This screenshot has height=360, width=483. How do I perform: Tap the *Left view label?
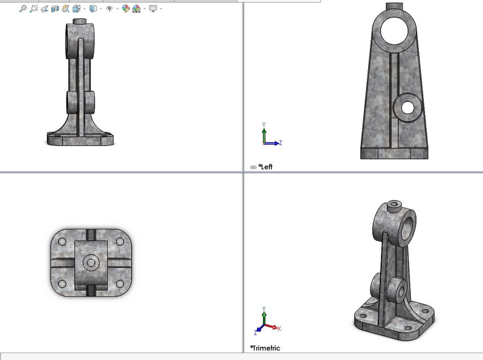[x=266, y=166]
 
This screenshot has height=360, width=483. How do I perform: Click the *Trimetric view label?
[x=266, y=348]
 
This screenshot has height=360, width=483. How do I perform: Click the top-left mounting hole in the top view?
[x=62, y=242]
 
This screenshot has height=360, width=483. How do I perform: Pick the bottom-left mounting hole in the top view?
[x=62, y=283]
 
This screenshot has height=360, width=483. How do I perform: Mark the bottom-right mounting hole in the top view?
[x=119, y=283]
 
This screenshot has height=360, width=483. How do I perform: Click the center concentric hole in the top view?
[x=91, y=263]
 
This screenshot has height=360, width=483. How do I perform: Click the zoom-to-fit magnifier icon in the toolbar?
[x=23, y=8]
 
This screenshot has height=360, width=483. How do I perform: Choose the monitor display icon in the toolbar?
[x=153, y=8]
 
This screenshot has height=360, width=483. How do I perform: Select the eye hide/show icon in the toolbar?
[x=110, y=8]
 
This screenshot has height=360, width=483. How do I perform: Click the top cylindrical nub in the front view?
[x=79, y=21]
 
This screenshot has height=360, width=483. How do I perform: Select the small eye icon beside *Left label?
[x=253, y=167]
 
